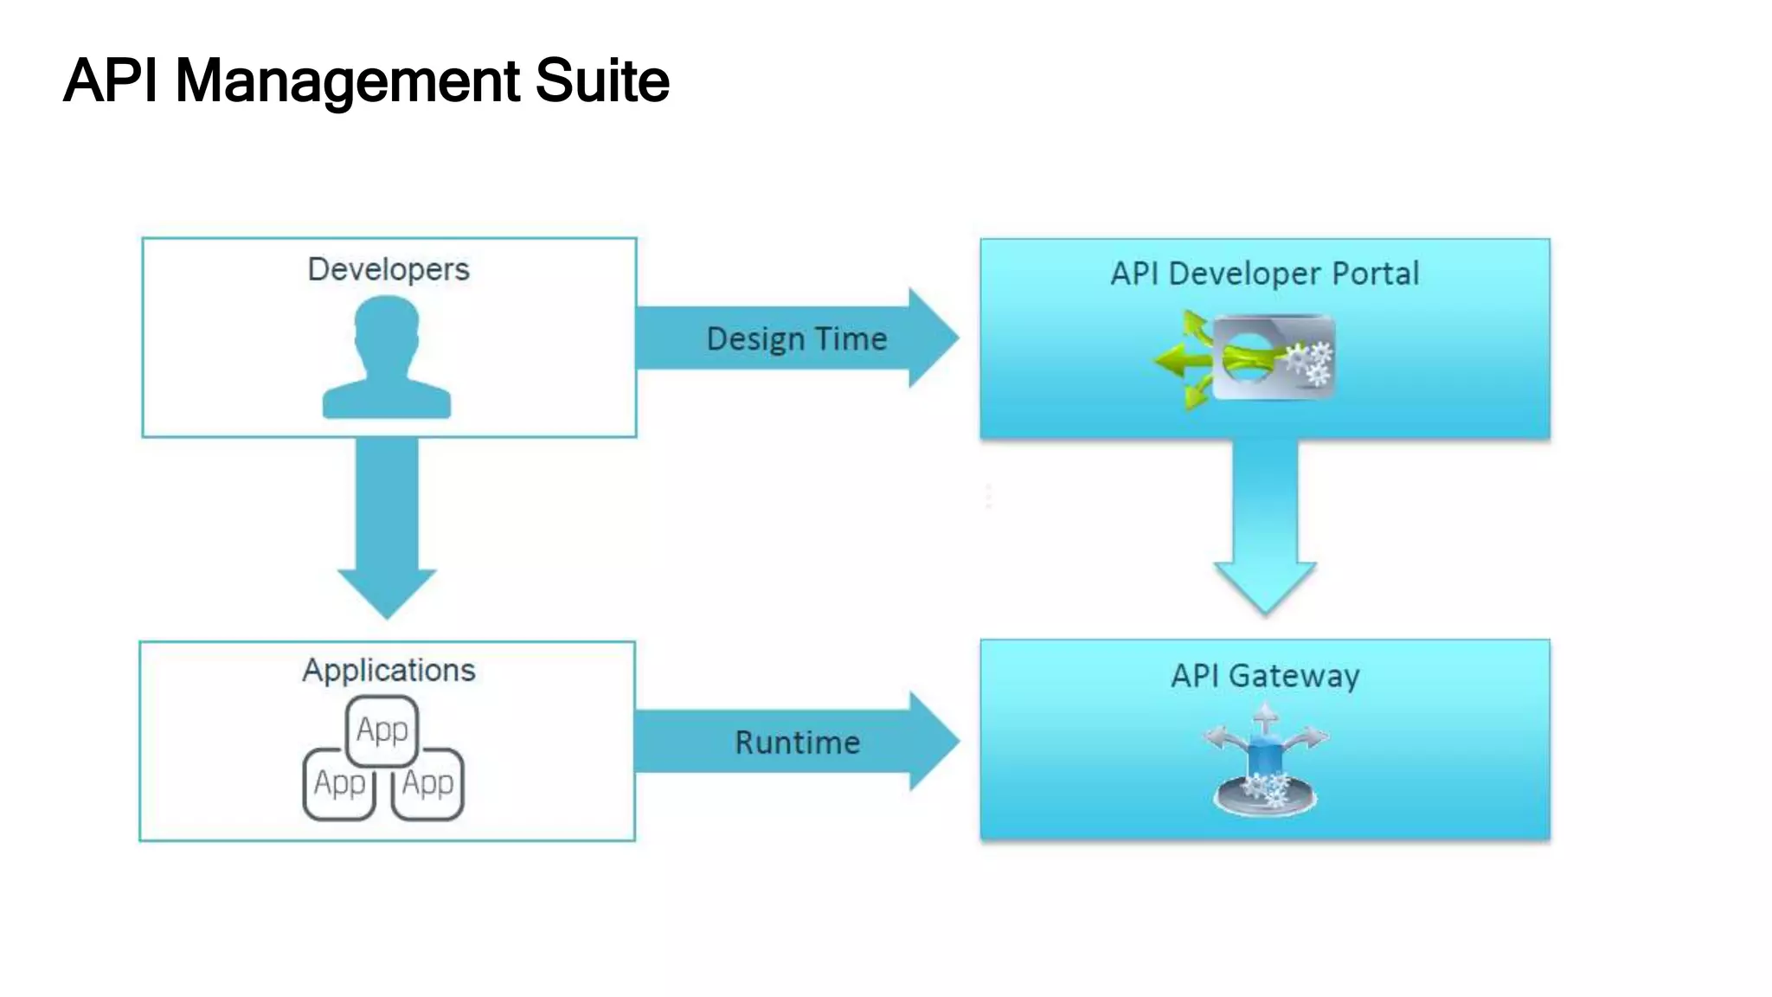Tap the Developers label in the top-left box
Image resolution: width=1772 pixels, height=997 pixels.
(388, 269)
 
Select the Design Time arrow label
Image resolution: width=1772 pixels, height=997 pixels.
(796, 338)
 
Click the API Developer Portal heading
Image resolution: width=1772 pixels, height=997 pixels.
(1264, 273)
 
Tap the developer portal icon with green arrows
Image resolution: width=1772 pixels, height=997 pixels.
(1246, 358)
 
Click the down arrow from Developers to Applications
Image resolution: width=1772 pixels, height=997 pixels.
(387, 528)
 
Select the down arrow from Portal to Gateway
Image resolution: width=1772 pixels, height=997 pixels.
(1265, 528)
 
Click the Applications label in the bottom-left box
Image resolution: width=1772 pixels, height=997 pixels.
(388, 671)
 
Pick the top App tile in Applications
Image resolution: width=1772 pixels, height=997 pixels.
(382, 730)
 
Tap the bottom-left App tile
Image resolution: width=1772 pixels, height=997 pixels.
(338, 784)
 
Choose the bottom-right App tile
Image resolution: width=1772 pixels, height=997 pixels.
(428, 784)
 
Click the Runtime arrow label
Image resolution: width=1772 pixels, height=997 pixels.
(797, 743)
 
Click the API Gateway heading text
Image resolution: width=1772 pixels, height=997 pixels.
(1264, 676)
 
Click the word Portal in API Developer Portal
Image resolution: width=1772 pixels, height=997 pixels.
(1375, 273)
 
